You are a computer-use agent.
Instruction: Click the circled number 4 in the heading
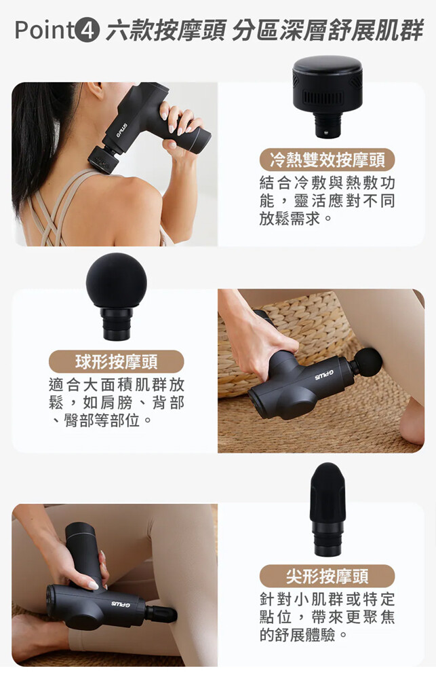click(x=87, y=31)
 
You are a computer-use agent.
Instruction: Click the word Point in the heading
click(x=44, y=31)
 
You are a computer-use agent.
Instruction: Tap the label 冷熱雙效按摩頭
click(x=327, y=160)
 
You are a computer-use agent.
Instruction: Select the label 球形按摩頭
click(x=117, y=362)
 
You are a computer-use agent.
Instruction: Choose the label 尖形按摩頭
click(x=327, y=576)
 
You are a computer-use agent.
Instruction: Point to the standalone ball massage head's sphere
click(x=117, y=280)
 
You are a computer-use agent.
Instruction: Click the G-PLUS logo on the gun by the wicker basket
click(x=325, y=375)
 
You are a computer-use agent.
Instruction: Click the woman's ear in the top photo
click(x=95, y=90)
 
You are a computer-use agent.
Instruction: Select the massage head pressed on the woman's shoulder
click(x=104, y=160)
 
